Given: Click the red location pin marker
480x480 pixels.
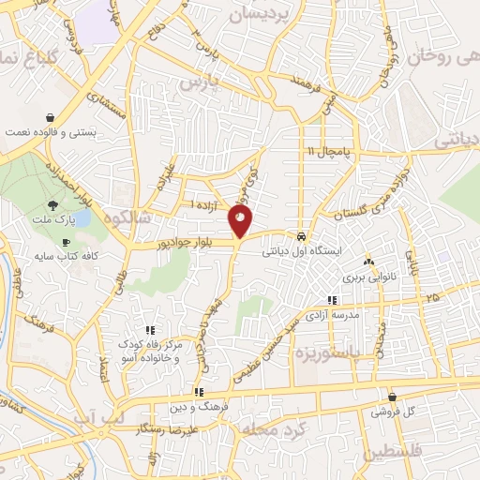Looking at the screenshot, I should point(240,222).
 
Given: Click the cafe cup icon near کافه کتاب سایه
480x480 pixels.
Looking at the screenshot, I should point(65,243).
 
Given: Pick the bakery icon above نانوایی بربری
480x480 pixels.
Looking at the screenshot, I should point(367,262).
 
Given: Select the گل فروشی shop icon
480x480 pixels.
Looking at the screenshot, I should point(391,397).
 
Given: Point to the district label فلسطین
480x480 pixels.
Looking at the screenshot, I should point(417,451).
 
